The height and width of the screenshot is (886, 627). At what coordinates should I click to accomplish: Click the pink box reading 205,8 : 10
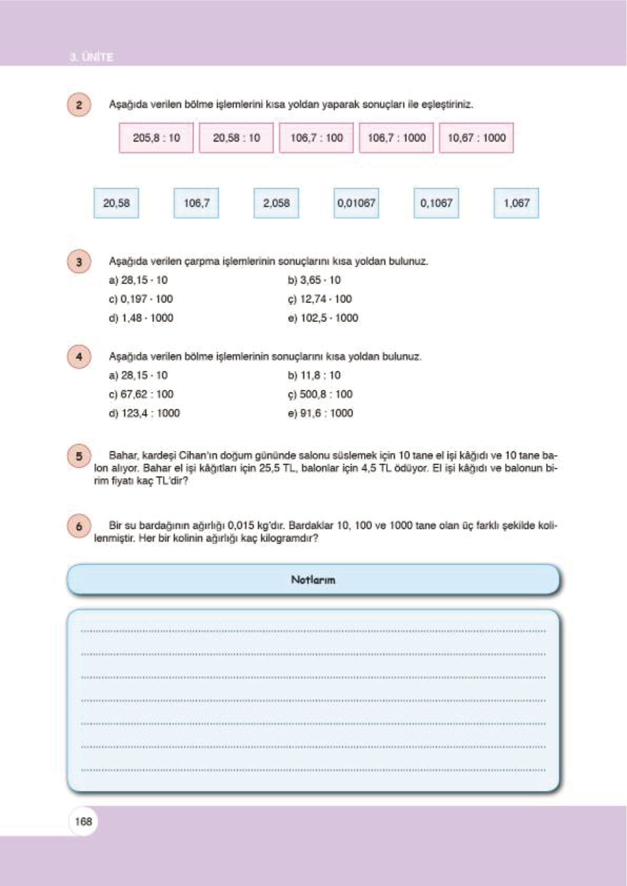click(156, 138)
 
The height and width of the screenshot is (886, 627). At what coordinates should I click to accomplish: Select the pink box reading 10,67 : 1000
click(476, 138)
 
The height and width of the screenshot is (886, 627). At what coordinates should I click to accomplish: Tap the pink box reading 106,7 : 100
click(316, 138)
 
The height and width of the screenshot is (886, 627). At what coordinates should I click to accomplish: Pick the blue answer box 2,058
click(276, 203)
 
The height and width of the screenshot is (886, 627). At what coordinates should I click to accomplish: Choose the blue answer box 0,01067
click(356, 203)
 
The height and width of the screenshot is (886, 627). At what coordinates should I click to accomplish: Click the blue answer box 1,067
click(516, 203)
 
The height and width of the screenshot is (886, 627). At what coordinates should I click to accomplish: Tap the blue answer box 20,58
click(116, 203)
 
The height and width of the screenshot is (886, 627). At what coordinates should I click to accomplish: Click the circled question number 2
click(79, 105)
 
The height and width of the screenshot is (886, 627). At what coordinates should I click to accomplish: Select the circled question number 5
click(79, 456)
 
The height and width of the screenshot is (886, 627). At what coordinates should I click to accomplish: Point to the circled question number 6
click(79, 526)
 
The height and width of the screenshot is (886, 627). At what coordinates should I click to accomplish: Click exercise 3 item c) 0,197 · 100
click(141, 299)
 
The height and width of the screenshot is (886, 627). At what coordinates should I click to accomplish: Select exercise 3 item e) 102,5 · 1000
click(323, 318)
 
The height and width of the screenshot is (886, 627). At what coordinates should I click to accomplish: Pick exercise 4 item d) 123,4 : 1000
click(144, 413)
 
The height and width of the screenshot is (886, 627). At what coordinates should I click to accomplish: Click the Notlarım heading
click(313, 580)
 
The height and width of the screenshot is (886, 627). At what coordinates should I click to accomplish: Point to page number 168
click(83, 821)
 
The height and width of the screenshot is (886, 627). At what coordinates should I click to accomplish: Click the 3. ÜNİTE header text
click(92, 57)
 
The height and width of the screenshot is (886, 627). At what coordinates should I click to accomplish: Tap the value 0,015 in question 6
click(241, 525)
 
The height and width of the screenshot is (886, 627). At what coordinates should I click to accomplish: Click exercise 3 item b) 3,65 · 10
click(314, 280)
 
